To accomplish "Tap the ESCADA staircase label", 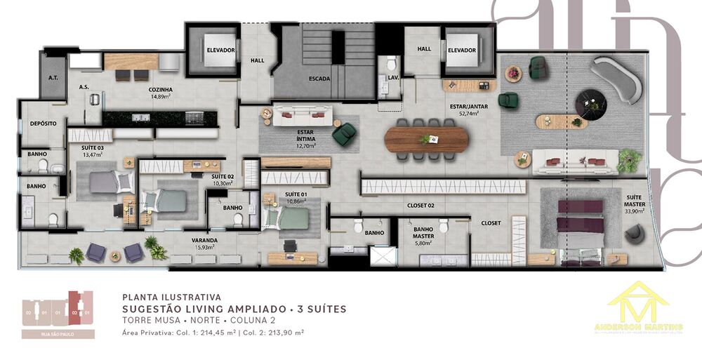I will coord(319,79).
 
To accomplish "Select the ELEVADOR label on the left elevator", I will coord(220,50).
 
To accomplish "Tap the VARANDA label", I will coord(204,240).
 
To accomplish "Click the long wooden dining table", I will coord(426,138).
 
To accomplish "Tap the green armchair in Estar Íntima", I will coord(343,133).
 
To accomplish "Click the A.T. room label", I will coord(53,79).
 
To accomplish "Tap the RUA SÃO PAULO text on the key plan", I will coord(58,334).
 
